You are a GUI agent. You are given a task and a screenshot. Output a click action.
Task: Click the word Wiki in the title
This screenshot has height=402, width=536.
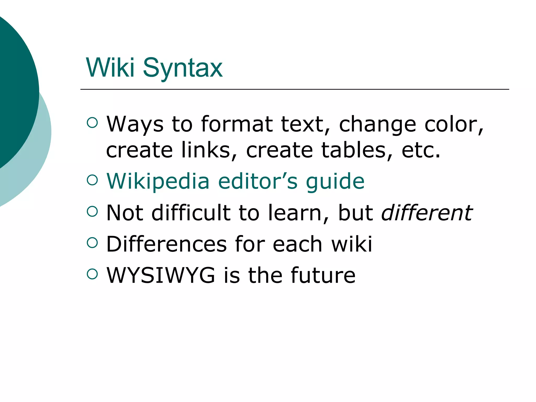coord(110,68)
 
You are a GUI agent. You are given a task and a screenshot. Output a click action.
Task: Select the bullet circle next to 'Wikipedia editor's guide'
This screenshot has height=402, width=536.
coord(92,180)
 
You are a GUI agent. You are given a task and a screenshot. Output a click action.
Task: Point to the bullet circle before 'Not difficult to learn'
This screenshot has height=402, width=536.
coord(92,211)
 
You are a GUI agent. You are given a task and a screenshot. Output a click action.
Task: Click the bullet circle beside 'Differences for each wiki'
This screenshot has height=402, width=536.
coord(92,243)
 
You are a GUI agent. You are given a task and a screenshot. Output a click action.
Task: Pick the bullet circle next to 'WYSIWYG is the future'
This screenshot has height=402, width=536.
coord(92,274)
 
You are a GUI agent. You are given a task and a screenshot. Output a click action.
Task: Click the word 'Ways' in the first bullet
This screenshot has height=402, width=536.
coord(135,124)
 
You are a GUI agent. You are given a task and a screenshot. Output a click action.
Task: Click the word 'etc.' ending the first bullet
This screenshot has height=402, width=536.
coord(421,150)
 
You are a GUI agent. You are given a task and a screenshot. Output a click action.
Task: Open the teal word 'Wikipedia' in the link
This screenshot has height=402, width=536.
coord(158,181)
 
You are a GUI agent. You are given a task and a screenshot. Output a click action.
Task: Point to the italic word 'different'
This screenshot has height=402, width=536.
coord(427,213)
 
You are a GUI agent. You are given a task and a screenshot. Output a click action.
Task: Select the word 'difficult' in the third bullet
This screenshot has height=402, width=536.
coord(191,213)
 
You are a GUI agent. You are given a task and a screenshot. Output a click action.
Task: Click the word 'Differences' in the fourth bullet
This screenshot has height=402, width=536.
coord(166,244)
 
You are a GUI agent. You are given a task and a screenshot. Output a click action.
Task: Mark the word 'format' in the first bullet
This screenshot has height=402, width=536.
coord(237,124)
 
